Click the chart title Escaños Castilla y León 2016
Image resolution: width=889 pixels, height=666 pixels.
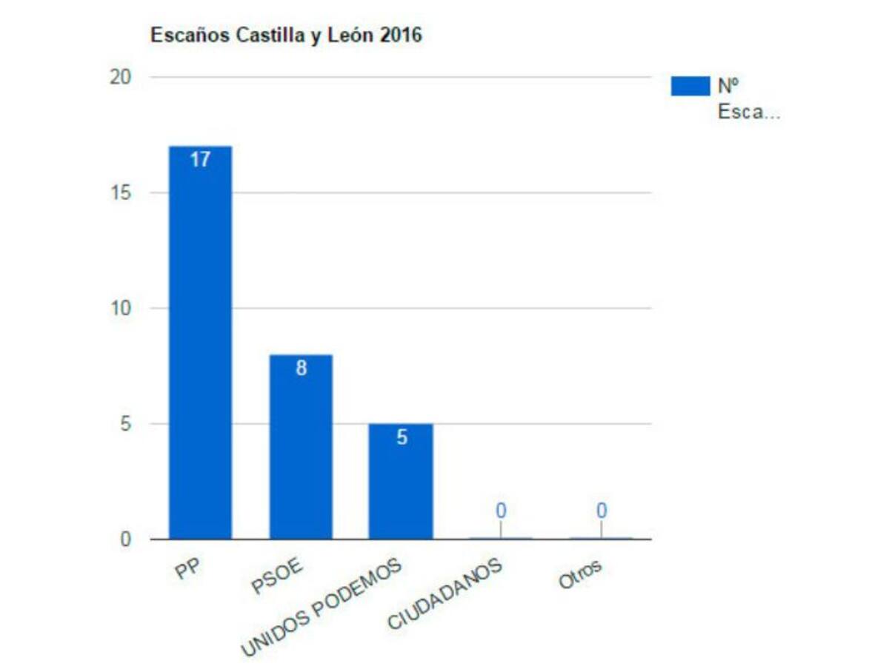286,35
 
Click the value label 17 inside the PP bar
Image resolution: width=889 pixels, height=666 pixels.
200,159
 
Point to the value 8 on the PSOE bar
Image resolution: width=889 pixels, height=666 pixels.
301,369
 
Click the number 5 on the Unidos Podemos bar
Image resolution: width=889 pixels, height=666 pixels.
402,437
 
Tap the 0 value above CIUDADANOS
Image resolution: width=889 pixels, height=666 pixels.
501,510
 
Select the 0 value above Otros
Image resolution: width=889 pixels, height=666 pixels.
602,510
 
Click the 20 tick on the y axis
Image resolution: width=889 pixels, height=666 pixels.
120,77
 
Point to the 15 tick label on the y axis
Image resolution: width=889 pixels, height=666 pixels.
120,192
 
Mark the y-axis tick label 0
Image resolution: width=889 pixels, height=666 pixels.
125,539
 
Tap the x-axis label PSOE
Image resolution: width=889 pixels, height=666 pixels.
277,578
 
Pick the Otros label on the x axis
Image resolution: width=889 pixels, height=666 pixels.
580,576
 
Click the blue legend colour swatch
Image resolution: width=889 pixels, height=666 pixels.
690,86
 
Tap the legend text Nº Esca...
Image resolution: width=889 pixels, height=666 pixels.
748,99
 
